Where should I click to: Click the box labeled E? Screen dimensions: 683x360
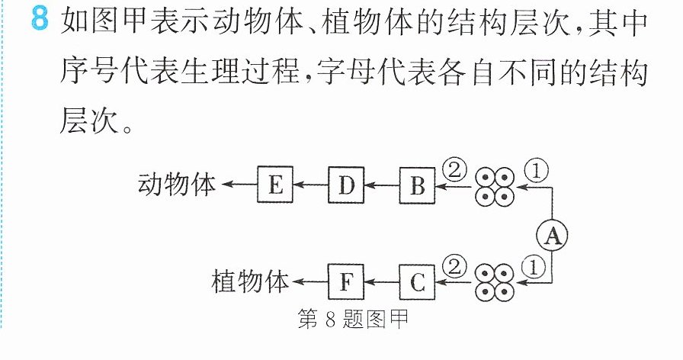tap(275, 185)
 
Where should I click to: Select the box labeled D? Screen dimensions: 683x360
tap(346, 185)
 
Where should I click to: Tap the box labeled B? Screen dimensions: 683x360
tap(417, 185)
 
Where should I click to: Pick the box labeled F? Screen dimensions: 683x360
tap(346, 282)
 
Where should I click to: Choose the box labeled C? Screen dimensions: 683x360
tap(417, 282)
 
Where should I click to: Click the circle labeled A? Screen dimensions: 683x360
tap(552, 236)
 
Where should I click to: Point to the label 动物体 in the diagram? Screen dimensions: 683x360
tap(176, 184)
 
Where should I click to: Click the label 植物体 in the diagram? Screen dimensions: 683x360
tap(250, 281)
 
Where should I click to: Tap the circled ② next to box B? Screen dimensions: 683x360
tap(454, 170)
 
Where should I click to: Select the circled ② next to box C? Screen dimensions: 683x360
tap(454, 267)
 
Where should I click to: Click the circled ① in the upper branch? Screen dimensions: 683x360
tap(536, 171)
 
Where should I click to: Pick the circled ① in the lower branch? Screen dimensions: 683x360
tap(533, 267)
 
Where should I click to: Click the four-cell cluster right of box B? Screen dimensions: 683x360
tap(495, 187)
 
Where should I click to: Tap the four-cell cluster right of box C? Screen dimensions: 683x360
tap(495, 282)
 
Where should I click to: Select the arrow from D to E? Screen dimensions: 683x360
tap(310, 185)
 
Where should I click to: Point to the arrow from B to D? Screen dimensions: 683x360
tap(382, 185)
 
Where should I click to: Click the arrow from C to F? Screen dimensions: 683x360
tap(382, 282)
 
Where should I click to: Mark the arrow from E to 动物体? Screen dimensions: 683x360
tap(239, 185)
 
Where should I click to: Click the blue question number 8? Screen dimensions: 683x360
tap(40, 19)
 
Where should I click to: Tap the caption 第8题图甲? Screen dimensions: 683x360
tap(353, 319)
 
